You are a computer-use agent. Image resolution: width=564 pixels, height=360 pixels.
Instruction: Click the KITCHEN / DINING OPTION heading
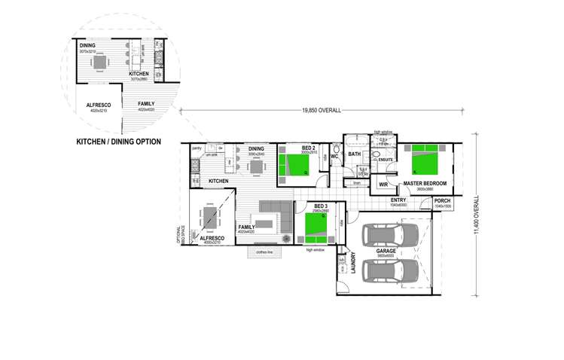coord(122,142)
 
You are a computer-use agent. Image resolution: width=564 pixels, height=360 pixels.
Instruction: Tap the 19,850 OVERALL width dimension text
coord(322,110)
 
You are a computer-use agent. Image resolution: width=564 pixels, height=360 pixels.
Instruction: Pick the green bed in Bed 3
coord(317,224)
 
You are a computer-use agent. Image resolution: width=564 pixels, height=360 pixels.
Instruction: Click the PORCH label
coord(442,200)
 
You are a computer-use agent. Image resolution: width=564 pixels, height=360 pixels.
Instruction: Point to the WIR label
coord(383,184)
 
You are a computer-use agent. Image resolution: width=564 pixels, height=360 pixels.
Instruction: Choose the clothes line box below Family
coord(264,252)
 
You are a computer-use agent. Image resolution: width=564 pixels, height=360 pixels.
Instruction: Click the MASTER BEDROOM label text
coord(425,183)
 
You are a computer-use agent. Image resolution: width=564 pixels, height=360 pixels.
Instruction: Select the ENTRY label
coord(399,200)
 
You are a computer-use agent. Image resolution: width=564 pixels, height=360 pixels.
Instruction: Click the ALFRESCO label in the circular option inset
coord(99,105)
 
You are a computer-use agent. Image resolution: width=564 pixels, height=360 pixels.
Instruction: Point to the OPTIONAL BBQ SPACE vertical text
coord(180,236)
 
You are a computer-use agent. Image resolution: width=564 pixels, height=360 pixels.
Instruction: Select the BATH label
coord(355,154)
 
